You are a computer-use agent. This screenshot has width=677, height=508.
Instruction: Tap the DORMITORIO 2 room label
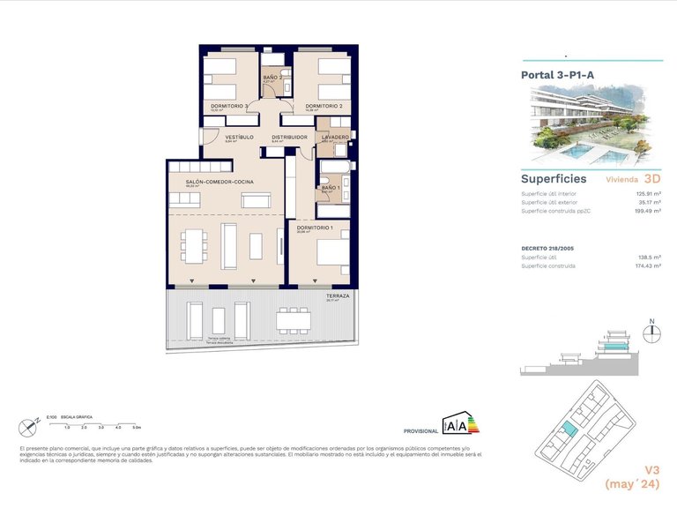point(324,106)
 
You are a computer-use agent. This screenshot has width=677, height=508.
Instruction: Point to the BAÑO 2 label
point(273,78)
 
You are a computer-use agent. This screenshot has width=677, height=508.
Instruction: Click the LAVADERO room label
point(335,137)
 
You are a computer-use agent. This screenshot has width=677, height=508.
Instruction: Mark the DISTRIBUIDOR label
point(289,137)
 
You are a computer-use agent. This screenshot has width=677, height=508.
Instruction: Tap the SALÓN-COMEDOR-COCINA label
point(213,181)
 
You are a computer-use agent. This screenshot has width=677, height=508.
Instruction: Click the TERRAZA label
point(338,295)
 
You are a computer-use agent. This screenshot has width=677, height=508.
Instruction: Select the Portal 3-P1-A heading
point(557,75)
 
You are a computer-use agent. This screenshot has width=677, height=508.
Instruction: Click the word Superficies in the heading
point(554,178)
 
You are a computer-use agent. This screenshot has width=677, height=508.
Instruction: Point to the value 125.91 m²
point(648,193)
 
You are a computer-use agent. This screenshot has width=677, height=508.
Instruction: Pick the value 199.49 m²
point(648,211)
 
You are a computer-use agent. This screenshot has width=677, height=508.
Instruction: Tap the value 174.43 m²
point(648,265)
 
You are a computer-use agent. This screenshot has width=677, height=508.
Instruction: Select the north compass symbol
point(652,332)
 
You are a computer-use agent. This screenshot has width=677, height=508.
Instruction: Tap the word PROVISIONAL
point(420,431)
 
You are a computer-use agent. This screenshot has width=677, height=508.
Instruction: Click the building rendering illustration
point(591,125)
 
